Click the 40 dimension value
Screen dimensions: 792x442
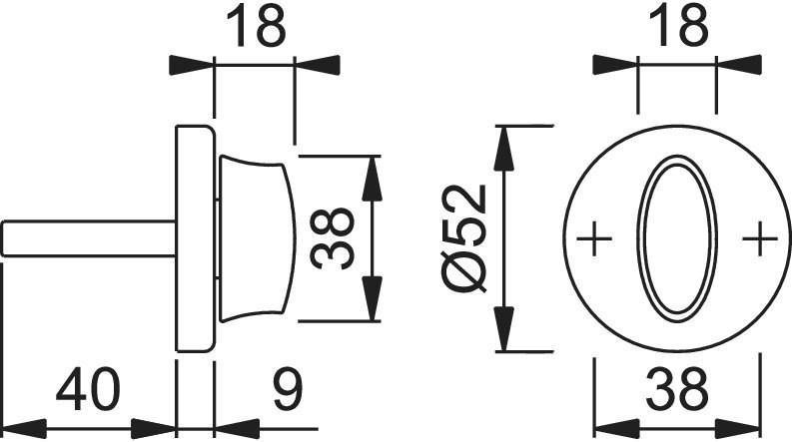[89, 390]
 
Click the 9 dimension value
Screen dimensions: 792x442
[288, 390]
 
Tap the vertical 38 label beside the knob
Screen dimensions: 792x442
[331, 238]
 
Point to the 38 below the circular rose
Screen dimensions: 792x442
[677, 390]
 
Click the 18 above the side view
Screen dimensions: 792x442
[256, 26]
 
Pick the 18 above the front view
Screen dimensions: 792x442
[678, 26]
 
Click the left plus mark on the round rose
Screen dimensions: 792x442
[594, 238]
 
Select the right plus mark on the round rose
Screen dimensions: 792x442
[760, 238]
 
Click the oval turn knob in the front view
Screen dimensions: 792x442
[677, 238]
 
